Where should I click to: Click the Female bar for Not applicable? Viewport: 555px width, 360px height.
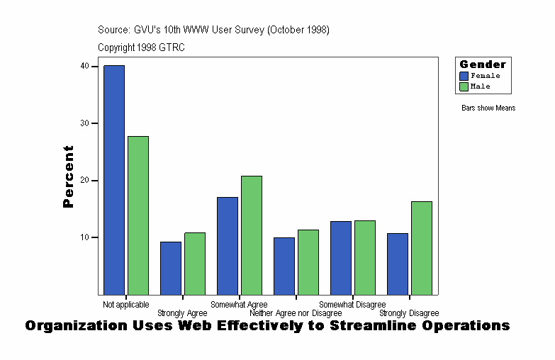click(114, 179)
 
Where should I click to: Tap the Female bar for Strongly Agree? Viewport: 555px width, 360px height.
click(171, 268)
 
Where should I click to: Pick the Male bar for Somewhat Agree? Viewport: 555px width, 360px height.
click(252, 235)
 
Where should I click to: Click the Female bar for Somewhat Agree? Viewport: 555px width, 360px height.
click(228, 245)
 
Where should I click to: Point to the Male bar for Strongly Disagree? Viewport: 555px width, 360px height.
click(422, 247)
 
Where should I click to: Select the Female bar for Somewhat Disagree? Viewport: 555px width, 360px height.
click(341, 257)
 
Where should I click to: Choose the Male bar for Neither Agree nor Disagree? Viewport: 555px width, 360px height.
click(308, 261)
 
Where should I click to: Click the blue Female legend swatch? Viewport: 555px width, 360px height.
click(464, 76)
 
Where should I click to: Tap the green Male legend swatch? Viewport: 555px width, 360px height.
click(464, 86)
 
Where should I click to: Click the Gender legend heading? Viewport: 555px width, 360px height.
click(483, 64)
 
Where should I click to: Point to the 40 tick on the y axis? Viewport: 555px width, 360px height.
click(84, 66)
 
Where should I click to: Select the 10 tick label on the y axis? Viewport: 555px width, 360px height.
click(84, 237)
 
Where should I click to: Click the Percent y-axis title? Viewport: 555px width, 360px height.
click(68, 176)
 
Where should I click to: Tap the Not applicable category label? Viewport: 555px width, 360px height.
click(126, 305)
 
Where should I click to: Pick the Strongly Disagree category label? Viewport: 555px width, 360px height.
click(409, 313)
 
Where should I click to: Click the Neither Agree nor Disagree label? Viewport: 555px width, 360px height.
click(296, 313)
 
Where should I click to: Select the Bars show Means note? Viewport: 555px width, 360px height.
click(488, 108)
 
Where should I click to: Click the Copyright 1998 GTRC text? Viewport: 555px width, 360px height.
click(142, 47)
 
